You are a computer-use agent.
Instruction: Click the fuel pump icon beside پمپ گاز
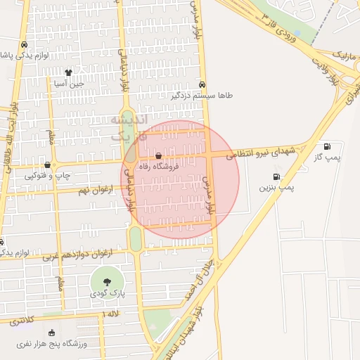(327, 146)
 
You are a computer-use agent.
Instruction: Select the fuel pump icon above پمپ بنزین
(276, 176)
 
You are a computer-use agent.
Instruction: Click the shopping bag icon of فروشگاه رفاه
(159, 155)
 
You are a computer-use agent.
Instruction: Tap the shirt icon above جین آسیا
(68, 72)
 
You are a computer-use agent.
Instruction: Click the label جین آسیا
(69, 83)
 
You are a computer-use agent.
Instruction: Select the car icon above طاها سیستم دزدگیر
(202, 83)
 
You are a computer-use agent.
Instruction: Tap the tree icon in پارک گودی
(105, 281)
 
